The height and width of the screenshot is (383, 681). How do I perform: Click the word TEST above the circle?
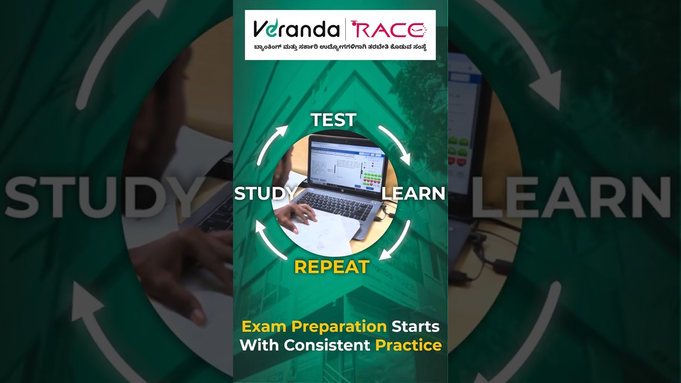pyautogui.click(x=334, y=120)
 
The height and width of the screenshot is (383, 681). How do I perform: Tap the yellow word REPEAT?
pyautogui.click(x=331, y=267)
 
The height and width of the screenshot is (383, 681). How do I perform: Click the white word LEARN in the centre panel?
pyautogui.click(x=413, y=194)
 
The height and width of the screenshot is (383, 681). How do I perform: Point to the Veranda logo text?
pyautogui.click(x=296, y=29)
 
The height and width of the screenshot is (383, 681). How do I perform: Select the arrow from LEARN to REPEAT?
pyautogui.click(x=396, y=242)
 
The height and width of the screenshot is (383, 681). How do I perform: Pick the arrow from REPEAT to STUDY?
pyautogui.click(x=270, y=239)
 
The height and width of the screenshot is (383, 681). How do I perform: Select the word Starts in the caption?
pyautogui.click(x=416, y=326)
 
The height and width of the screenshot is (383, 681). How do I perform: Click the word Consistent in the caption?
pyautogui.click(x=327, y=345)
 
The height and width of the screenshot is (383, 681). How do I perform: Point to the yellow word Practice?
pyautogui.click(x=409, y=345)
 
